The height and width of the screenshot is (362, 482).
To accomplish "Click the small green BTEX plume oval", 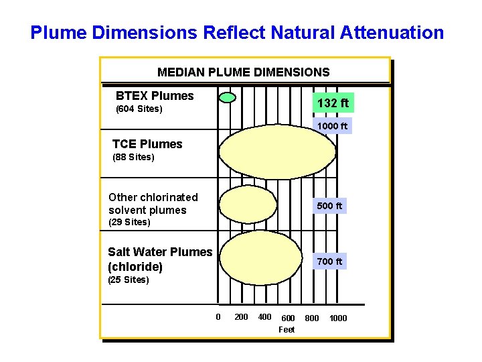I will pos(228,97).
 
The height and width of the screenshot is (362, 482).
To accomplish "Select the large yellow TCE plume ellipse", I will pos(277,154).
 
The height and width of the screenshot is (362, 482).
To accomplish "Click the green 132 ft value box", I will pos(333,103).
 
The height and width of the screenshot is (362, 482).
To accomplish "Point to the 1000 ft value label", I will pos(333,126).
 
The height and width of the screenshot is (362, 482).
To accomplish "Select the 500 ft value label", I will pos(329,206).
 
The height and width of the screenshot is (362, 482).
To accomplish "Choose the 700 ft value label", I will pos(329,261).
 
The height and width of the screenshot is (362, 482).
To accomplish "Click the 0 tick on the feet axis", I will pos(218,317).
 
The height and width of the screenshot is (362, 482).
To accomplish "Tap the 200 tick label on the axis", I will pos(241,317).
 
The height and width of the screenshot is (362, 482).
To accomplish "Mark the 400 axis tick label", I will pos(264,317).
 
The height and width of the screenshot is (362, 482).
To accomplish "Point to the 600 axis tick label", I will pos(288,318).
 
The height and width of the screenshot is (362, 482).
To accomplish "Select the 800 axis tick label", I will pos(312,318).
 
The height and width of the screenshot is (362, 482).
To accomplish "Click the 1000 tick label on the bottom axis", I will pos(338,318).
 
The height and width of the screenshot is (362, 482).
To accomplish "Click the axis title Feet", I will pos(287,329).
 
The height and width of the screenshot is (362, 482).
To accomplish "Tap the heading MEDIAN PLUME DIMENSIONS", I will pos(244,72).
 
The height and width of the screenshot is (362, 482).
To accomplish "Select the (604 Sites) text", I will pos(139,109).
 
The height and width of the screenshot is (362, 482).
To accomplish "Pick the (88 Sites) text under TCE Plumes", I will pos(133,158).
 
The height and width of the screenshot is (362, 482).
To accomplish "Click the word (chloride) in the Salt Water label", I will pos(135,267).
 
